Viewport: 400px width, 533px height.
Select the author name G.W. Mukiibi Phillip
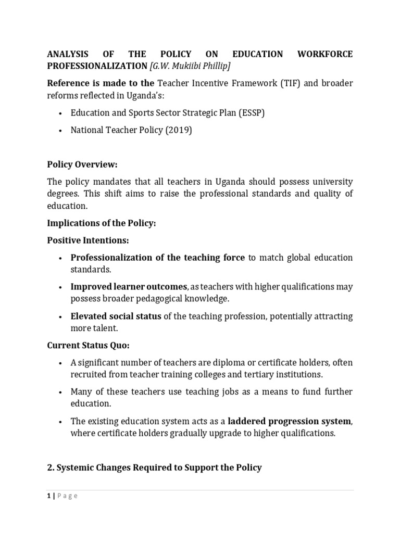(183, 66)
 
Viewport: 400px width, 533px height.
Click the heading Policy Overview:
(82, 164)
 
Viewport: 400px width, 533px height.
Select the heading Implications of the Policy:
(102, 223)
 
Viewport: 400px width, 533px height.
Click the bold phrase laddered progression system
(282, 421)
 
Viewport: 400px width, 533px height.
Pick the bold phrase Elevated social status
(116, 316)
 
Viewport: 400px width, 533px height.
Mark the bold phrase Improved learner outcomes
(129, 287)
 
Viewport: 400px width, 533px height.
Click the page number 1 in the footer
(49, 496)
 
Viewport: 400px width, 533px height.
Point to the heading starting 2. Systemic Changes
(154, 467)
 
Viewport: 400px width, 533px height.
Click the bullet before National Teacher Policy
(61, 131)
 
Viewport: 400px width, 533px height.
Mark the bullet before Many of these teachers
(61, 392)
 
